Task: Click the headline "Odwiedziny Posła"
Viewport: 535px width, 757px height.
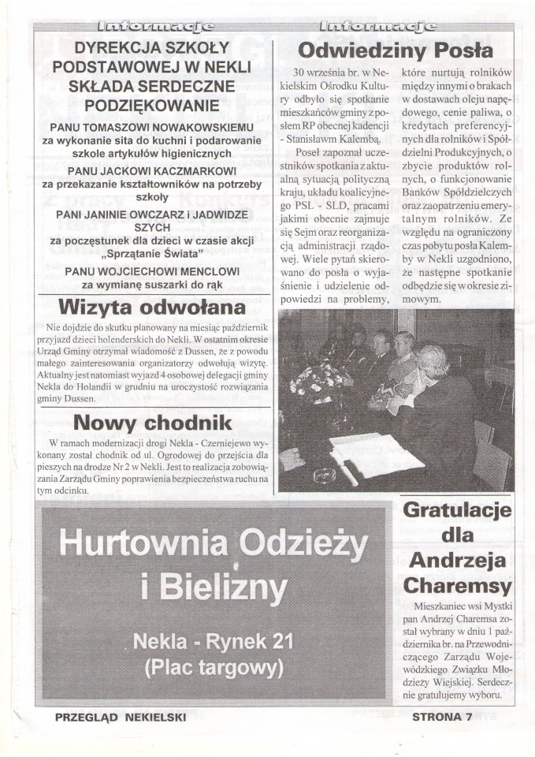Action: [x=395, y=50]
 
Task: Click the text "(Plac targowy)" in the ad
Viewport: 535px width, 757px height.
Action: [x=213, y=666]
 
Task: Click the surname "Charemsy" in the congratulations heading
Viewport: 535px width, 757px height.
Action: [x=458, y=586]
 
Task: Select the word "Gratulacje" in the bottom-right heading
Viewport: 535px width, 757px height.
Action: [x=457, y=510]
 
